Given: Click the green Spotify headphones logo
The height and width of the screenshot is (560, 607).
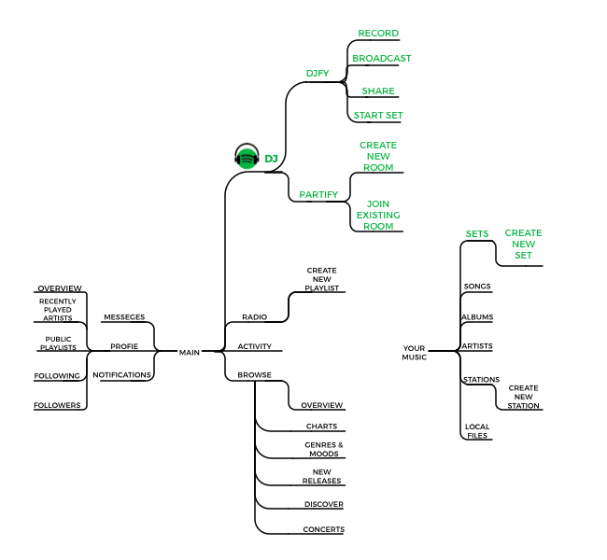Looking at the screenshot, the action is pos(247,156).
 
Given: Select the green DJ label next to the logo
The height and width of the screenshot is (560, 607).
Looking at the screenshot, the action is pos(271,159).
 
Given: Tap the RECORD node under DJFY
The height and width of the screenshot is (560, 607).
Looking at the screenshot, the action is pos(378,34).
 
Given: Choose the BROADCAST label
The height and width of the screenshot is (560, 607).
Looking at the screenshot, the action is pos(381,59).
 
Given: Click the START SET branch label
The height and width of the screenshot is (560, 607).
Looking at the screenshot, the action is pos(378,116).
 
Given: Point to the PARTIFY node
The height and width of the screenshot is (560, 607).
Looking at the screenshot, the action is pos(318,195).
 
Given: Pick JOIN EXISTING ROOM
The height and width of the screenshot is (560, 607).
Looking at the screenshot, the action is pos(378,216).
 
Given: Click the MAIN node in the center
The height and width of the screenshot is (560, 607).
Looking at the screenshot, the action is pos(190,353).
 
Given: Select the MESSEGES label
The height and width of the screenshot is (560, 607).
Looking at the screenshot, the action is pos(124,317).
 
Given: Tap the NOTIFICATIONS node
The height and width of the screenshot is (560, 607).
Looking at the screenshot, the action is pos(121,375).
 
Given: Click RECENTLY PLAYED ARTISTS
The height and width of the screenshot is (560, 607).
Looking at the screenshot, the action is pos(58,310).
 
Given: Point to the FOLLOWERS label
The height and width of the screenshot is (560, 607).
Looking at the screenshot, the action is pos(57,405).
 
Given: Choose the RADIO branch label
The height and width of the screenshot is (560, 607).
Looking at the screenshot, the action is pos(254,317).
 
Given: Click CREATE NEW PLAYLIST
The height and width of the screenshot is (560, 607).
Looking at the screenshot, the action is pos(321,279).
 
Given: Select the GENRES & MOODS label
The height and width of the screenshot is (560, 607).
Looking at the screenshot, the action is pos(324,449).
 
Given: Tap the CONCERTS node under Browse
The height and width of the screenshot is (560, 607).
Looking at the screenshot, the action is pos(324,529).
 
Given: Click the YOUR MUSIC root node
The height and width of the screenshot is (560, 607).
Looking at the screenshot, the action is pos(415,353).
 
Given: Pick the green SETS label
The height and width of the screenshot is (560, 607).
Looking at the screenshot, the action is pos(477,234).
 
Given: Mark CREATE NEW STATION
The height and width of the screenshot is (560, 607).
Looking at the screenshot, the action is pos(523,397).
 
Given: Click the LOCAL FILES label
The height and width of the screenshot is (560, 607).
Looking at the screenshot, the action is pos(477,431).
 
